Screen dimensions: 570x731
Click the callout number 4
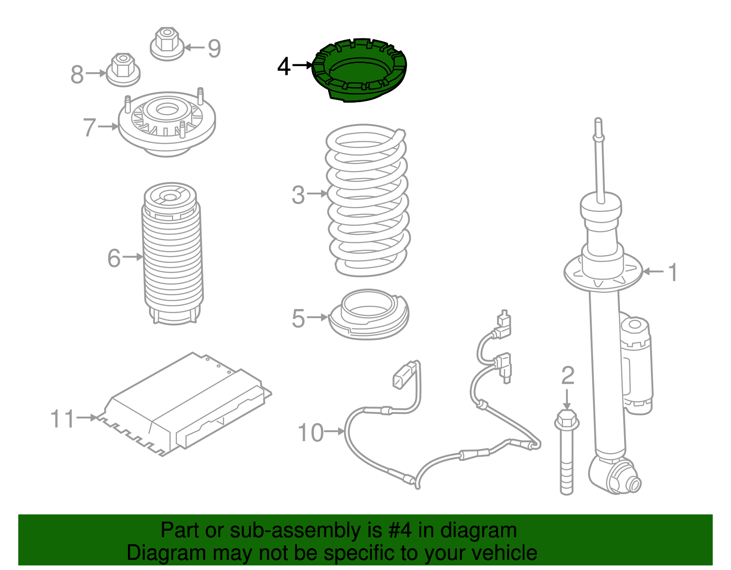pos(284,67)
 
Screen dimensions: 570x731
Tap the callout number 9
pos(214,48)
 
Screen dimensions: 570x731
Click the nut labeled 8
pos(123,70)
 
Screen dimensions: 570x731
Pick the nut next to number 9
pos(167,44)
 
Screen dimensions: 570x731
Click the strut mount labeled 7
pos(167,124)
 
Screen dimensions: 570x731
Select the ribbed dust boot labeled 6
pos(172,256)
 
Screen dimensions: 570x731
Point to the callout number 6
pos(114,258)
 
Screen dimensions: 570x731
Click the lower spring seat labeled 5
pos(369,315)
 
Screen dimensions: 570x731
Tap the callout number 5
pos(298,318)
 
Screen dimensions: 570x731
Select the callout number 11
pos(62,419)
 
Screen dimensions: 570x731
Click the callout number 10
pos(311,433)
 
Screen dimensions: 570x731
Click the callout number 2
pos(567,376)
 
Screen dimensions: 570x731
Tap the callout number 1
pos(673,272)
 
